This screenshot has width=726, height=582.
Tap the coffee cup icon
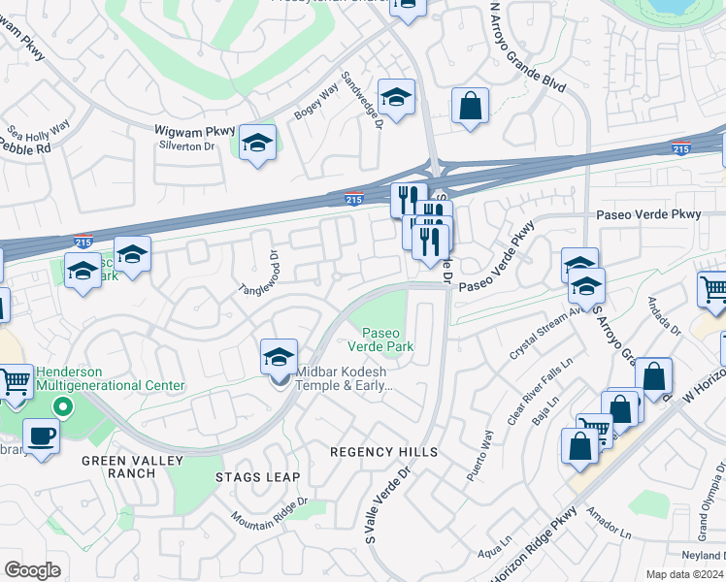coord(40,436)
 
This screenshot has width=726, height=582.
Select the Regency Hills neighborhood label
coord(384,452)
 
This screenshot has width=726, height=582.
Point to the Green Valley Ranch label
coord(118,467)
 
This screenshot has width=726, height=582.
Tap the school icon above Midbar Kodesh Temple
coord(279,358)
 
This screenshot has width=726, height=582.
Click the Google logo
coord(32,569)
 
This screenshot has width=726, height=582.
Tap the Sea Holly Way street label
coord(39,126)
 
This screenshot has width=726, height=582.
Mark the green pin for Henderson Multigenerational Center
coord(63,407)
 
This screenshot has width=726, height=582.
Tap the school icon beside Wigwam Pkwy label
coord(257,144)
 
